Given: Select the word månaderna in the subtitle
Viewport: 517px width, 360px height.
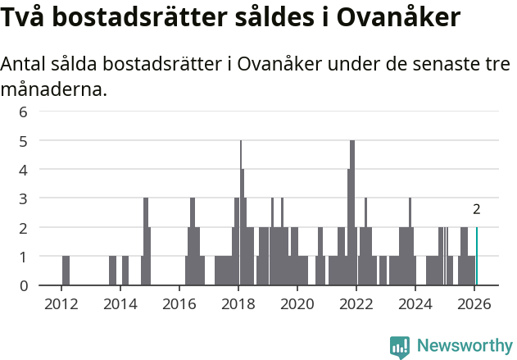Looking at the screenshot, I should point(54,89).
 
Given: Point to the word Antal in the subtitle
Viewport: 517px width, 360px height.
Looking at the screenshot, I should point(25,65).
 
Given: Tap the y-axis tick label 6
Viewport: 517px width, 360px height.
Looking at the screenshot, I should point(24,112).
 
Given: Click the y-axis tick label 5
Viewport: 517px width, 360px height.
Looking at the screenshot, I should point(24,141).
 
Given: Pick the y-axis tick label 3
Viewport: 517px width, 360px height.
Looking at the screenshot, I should point(24,198).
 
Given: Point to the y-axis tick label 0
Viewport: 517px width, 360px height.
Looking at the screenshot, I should point(24,285).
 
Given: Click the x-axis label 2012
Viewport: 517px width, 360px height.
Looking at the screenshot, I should point(61,303).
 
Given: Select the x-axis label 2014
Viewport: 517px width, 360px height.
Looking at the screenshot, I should point(120,303).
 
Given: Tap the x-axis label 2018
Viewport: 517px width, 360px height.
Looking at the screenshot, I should point(238,303).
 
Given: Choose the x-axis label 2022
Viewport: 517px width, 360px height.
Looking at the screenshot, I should point(356,303).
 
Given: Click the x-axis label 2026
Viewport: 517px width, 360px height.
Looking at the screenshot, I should point(474,303).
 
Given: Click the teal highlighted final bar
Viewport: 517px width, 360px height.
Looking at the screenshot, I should point(477,257).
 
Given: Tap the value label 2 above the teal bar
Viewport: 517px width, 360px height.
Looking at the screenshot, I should point(477,210).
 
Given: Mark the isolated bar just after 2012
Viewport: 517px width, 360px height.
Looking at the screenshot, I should point(66,271).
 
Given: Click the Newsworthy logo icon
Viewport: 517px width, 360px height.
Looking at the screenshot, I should point(400,347).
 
